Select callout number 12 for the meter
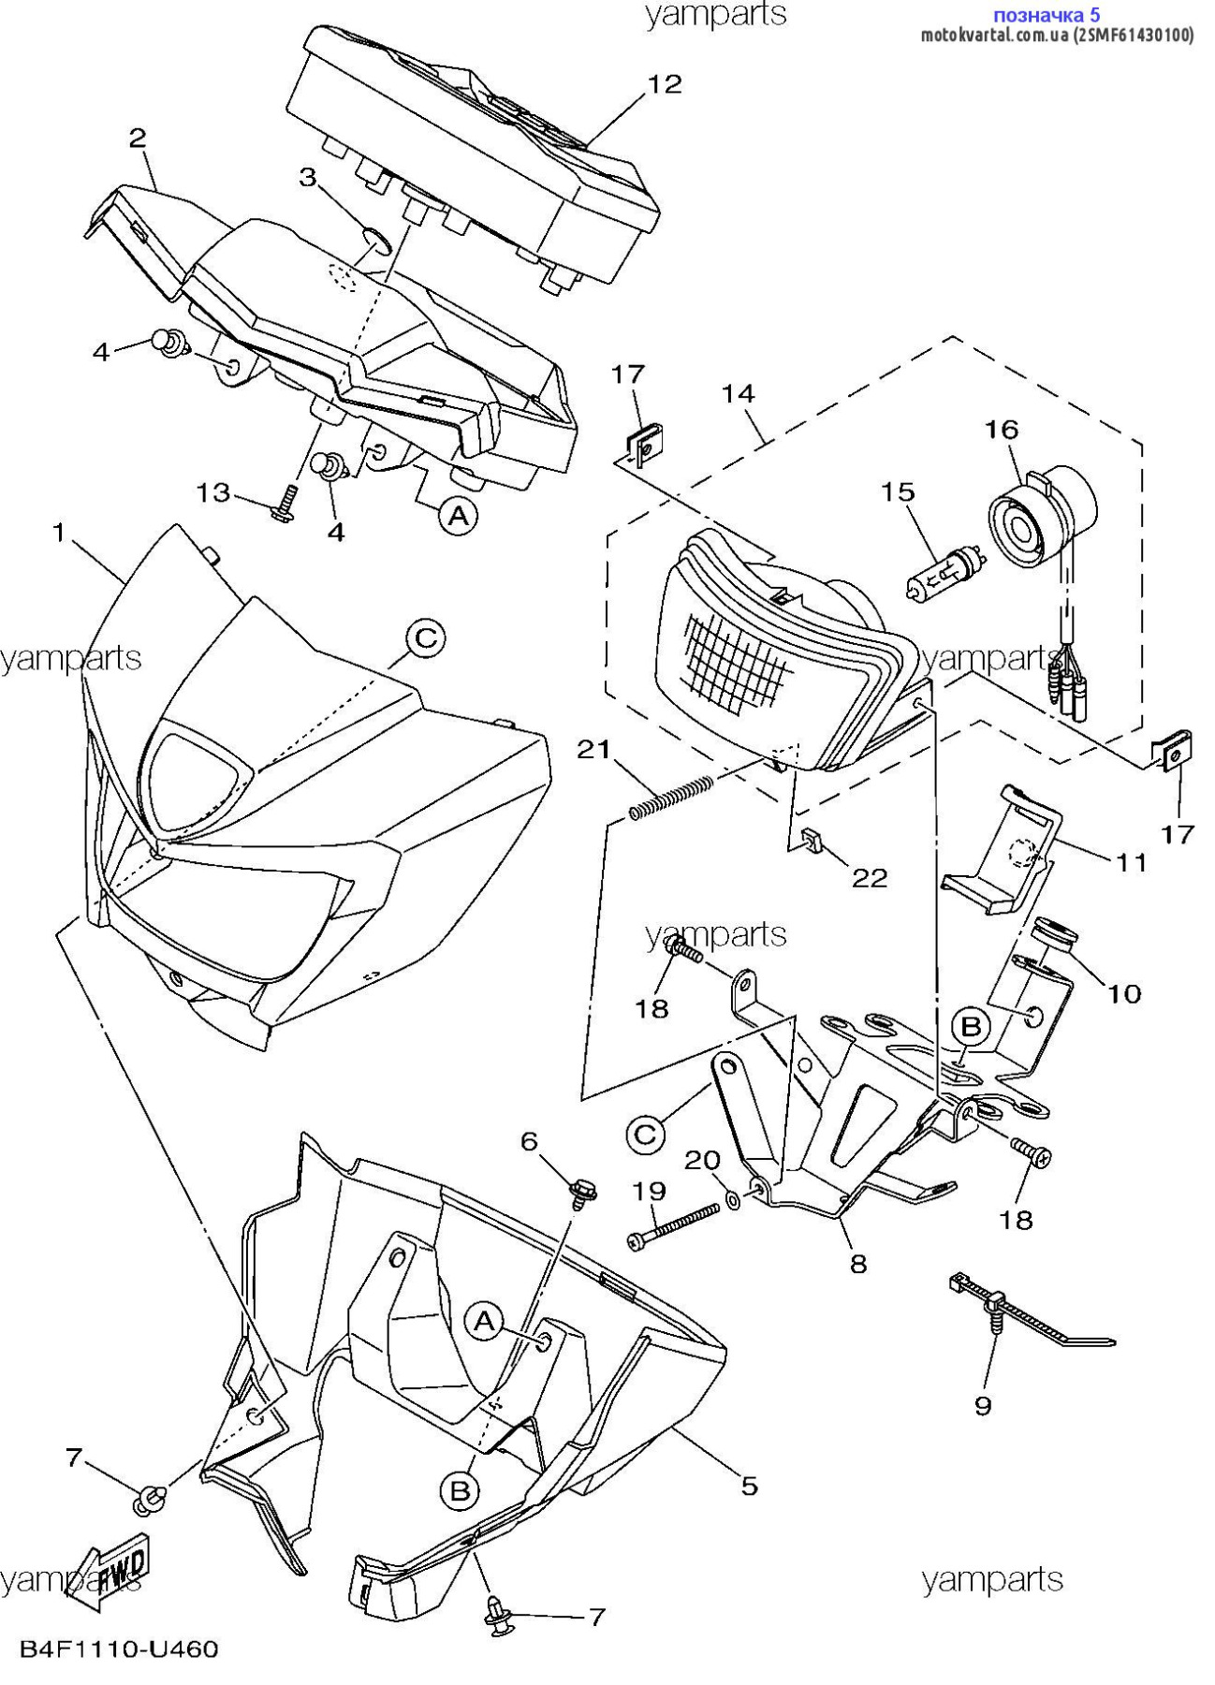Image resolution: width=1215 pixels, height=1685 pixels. tap(665, 84)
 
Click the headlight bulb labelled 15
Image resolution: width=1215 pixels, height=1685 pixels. tap(943, 574)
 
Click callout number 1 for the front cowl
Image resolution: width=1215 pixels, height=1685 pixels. tap(59, 534)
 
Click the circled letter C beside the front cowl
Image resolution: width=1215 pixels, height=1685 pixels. tap(425, 638)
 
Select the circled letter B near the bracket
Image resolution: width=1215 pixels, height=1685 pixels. tap(971, 1027)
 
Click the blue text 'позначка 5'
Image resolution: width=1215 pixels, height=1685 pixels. tap(1046, 14)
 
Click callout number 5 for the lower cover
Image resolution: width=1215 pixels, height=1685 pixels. tap(749, 1485)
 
